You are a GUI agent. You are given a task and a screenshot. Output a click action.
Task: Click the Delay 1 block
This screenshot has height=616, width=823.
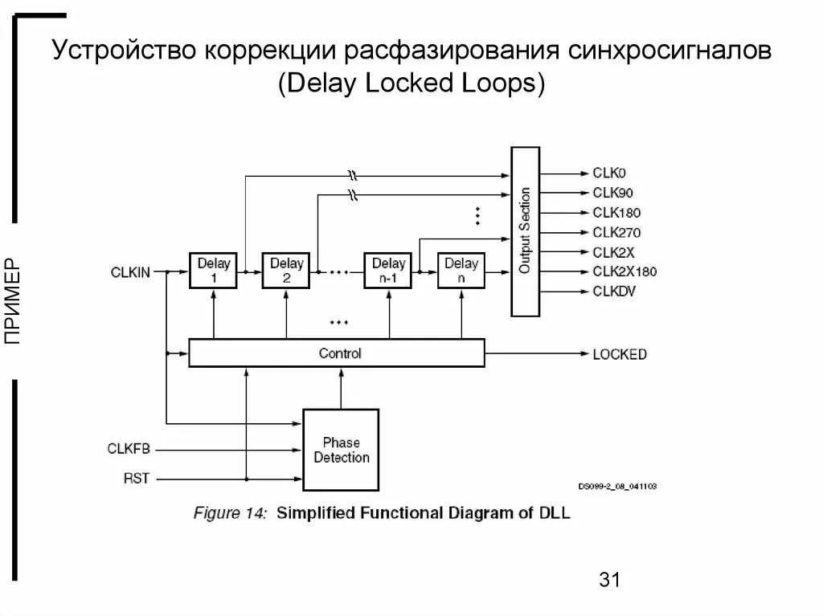(214, 271)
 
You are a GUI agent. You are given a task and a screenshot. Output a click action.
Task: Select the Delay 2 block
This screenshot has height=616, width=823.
(286, 271)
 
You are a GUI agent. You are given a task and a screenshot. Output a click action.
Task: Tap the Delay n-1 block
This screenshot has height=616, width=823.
(389, 271)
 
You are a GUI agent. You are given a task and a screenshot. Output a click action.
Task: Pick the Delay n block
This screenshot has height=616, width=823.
(461, 271)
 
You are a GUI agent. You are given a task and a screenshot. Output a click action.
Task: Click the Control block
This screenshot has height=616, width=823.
(337, 353)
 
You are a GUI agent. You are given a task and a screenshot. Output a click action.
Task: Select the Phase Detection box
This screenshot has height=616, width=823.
(341, 451)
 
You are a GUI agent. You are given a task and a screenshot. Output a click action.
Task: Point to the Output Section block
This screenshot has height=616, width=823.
(525, 231)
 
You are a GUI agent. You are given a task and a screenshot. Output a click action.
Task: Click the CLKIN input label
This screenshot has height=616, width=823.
(130, 272)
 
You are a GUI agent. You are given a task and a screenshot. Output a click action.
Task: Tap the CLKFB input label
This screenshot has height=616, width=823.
(129, 448)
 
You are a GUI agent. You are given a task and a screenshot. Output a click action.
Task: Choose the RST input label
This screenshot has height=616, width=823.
(136, 479)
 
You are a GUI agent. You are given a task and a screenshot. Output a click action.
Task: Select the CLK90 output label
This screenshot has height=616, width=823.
(612, 193)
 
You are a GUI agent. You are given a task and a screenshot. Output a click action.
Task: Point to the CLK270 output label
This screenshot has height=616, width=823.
(616, 233)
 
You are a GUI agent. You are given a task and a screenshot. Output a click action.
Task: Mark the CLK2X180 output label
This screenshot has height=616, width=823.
(624, 271)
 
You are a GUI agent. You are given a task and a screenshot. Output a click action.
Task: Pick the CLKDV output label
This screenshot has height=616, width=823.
(614, 292)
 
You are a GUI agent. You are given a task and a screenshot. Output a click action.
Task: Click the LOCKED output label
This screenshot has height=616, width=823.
(620, 353)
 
